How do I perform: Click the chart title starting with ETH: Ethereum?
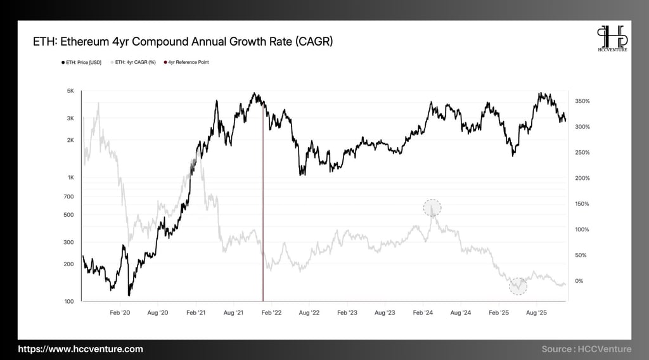coord(183,42)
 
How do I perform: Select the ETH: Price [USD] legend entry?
coord(82,62)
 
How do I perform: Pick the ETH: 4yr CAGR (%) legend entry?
coord(134,62)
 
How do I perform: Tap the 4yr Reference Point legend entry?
coord(186,62)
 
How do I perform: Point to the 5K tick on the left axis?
coord(70,91)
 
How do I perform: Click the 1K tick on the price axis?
coord(70,177)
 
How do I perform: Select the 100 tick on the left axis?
coord(69,302)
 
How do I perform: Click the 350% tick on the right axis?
coord(582,101)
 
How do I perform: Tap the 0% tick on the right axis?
coord(579,281)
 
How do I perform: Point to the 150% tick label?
coord(582,204)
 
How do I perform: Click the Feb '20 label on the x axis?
coord(120,313)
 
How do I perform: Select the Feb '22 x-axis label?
coord(271,313)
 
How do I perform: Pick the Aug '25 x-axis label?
coord(537,313)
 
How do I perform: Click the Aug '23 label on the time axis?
coord(385,313)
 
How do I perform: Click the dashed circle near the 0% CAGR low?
coord(518,286)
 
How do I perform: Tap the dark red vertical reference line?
coord(263,203)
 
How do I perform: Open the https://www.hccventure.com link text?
coord(80,349)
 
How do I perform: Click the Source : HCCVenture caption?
coord(586,349)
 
